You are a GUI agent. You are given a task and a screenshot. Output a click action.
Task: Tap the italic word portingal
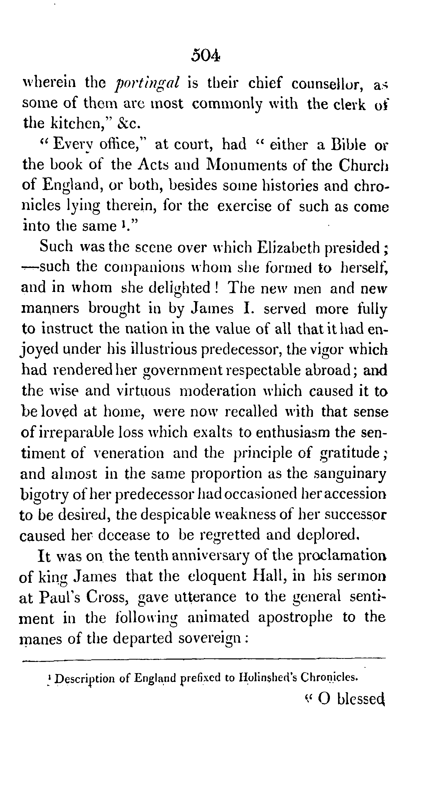tap(148, 83)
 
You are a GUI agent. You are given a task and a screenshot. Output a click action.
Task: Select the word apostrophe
tap(295, 617)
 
